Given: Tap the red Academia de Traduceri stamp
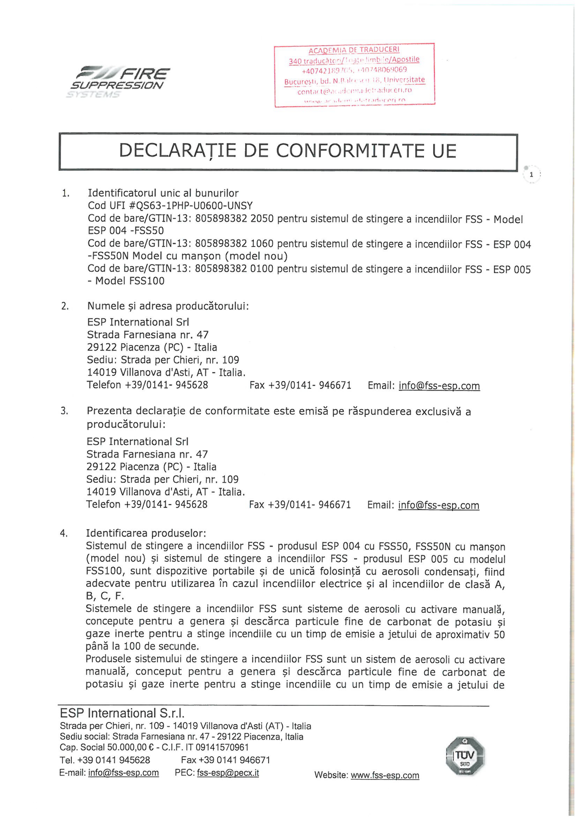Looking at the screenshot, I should tap(354, 75).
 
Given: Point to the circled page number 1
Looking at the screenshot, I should tap(531, 175).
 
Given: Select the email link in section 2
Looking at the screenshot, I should tap(439, 386).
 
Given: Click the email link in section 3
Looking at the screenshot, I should tap(438, 505).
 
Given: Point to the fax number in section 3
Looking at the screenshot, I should tap(300, 505).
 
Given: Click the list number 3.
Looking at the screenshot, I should tap(64, 411).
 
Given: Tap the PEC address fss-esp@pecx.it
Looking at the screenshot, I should tap(228, 773).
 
